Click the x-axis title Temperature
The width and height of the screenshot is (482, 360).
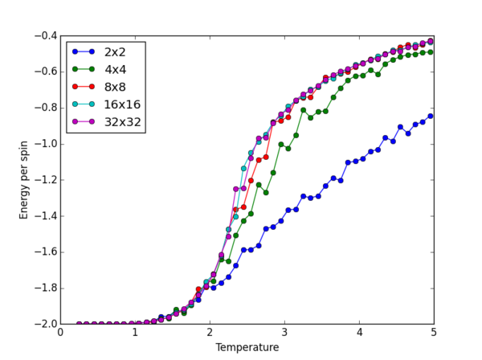(x=247, y=348)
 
